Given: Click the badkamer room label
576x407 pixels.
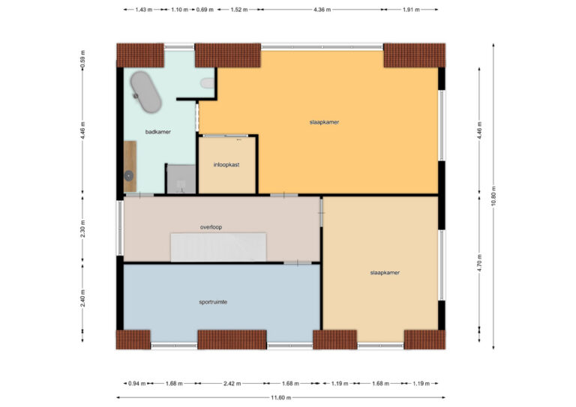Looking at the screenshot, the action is tap(158, 132).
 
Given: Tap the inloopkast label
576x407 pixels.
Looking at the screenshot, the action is tap(226, 165).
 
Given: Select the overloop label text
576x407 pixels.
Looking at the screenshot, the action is tap(211, 227).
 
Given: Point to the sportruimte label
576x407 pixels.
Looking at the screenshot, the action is tap(213, 302).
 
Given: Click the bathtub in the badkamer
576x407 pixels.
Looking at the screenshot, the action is tap(145, 92).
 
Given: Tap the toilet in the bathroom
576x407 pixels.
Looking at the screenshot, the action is tap(208, 83).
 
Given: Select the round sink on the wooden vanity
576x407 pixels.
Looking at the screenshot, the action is tap(129, 176).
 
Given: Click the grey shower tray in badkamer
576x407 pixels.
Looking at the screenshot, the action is tap(181, 178).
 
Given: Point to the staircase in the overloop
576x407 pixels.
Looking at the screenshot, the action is tap(218, 247).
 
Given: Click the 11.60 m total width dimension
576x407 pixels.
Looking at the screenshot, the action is tap(281, 397).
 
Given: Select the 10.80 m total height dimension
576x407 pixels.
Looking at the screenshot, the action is tap(493, 196).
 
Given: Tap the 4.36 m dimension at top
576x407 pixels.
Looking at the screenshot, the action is tap(322, 10).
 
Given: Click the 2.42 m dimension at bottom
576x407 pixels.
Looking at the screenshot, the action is tap(232, 384).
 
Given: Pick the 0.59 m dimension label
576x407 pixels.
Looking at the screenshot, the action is tap(82, 59).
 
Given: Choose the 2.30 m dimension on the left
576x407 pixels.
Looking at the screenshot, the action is tap(82, 229).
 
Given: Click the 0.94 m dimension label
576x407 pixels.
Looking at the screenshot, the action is tap(136, 384).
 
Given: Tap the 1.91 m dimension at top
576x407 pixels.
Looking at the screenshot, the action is tap(411, 10).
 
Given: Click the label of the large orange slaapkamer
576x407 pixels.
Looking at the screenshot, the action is tap(324, 122).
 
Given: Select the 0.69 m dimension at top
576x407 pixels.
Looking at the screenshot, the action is tap(205, 10).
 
